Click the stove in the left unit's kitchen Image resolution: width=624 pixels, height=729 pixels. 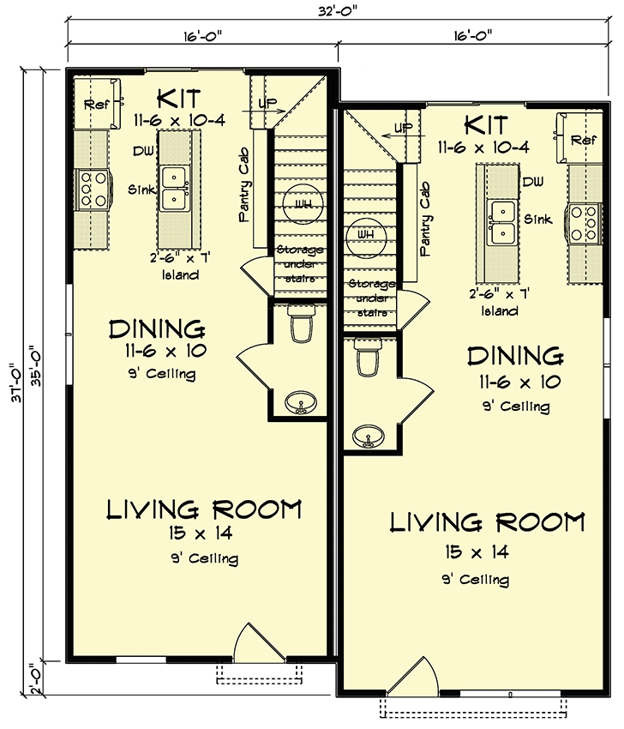(93, 189)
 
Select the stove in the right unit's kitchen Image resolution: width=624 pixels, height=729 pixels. (585, 220)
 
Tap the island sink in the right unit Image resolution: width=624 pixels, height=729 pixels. (502, 221)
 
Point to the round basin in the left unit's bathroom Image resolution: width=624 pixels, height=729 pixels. (300, 400)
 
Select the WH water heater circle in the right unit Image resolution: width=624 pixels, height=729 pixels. (366, 234)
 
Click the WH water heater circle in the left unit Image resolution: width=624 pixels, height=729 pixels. (302, 203)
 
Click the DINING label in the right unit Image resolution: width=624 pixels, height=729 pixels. (514, 356)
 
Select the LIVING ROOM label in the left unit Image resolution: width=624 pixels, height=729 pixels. (203, 509)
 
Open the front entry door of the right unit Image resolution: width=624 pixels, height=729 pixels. (409, 680)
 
